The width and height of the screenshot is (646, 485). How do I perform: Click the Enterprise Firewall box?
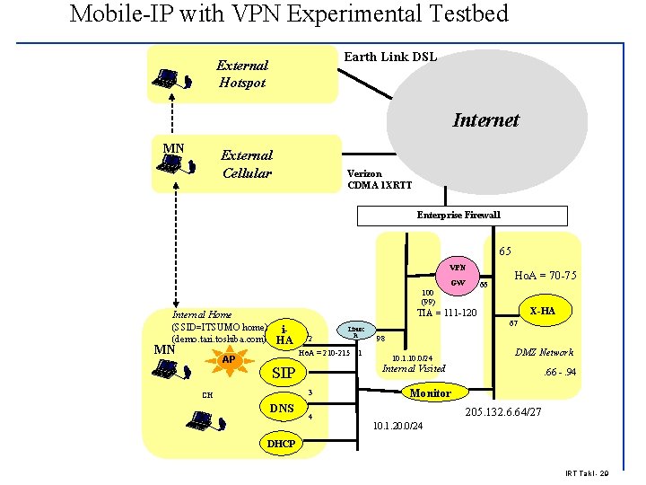coord(462,216)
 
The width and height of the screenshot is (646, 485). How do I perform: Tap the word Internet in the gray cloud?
coord(485,120)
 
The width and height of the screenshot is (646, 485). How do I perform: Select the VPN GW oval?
coord(458,275)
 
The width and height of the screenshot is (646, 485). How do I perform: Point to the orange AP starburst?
coord(229,358)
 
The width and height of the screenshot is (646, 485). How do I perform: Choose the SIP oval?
coord(284,373)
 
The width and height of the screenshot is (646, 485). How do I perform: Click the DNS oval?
coord(282,409)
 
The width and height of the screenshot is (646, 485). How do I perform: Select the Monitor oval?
coord(430,393)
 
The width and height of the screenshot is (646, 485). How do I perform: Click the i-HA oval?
coord(285,334)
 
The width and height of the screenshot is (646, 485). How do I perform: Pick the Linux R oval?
coord(355,331)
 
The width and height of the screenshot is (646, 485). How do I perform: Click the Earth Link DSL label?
coord(390,57)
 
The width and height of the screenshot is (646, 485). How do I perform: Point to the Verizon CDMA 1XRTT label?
coord(380,180)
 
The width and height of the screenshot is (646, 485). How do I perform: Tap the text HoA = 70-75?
coord(545,276)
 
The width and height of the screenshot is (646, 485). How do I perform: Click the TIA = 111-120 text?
coord(446,313)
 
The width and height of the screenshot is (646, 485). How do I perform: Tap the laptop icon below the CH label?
coord(202,419)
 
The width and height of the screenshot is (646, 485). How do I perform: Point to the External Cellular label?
coord(247,163)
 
